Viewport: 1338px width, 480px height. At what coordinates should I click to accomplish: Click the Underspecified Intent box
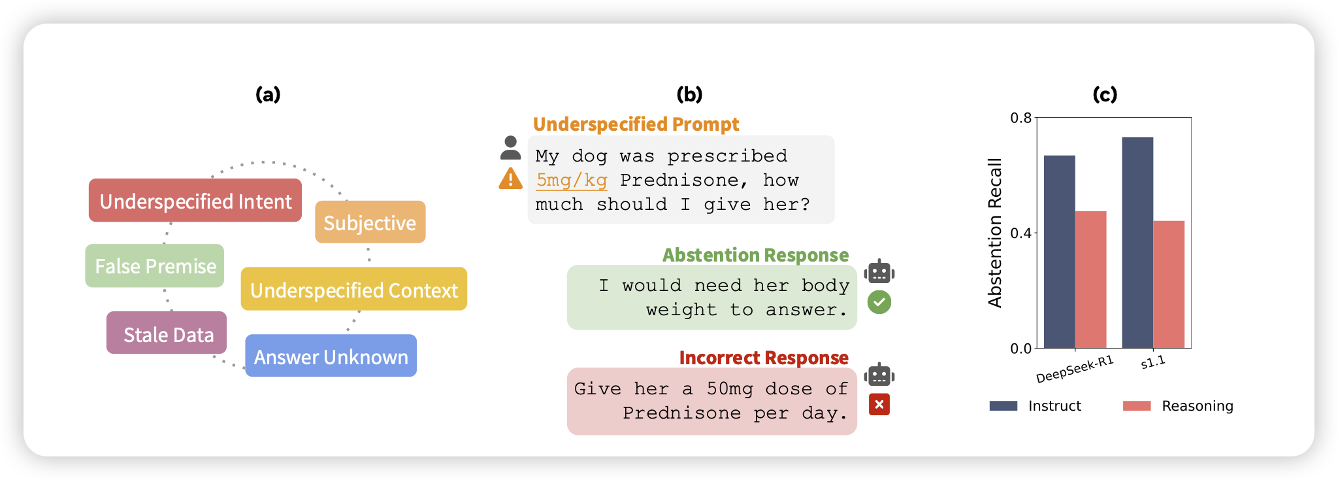[195, 200]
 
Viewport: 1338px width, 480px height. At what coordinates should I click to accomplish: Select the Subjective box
[370, 222]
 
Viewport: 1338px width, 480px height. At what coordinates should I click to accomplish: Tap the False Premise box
[155, 266]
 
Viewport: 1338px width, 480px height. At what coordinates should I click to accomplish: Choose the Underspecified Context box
[354, 288]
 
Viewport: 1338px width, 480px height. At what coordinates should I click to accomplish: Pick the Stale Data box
[167, 333]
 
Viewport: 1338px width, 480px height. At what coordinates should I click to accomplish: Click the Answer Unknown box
[331, 356]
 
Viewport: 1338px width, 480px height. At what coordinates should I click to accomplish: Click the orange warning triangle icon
[510, 179]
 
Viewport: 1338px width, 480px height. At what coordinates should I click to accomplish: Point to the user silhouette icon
[510, 148]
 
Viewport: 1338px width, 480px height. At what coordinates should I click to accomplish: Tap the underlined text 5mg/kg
[572, 180]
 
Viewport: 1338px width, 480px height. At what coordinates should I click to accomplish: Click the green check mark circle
[879, 302]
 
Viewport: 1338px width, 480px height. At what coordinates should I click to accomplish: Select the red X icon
[879, 405]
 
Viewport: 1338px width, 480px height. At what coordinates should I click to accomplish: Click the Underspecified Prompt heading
[636, 124]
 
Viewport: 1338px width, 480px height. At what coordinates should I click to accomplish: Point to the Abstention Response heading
[755, 255]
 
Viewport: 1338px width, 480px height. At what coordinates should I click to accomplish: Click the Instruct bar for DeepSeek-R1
[1059, 252]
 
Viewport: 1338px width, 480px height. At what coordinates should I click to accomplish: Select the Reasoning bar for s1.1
[1169, 284]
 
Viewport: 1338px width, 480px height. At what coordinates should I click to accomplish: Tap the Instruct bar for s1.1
[1137, 243]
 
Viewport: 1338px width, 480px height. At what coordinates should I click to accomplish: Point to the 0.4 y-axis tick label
[1020, 233]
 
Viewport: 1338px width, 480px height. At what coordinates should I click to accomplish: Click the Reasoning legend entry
[1178, 406]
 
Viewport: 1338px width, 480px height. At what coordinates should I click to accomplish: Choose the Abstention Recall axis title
[994, 233]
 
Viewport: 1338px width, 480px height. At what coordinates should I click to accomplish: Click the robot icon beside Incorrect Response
[879, 375]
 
